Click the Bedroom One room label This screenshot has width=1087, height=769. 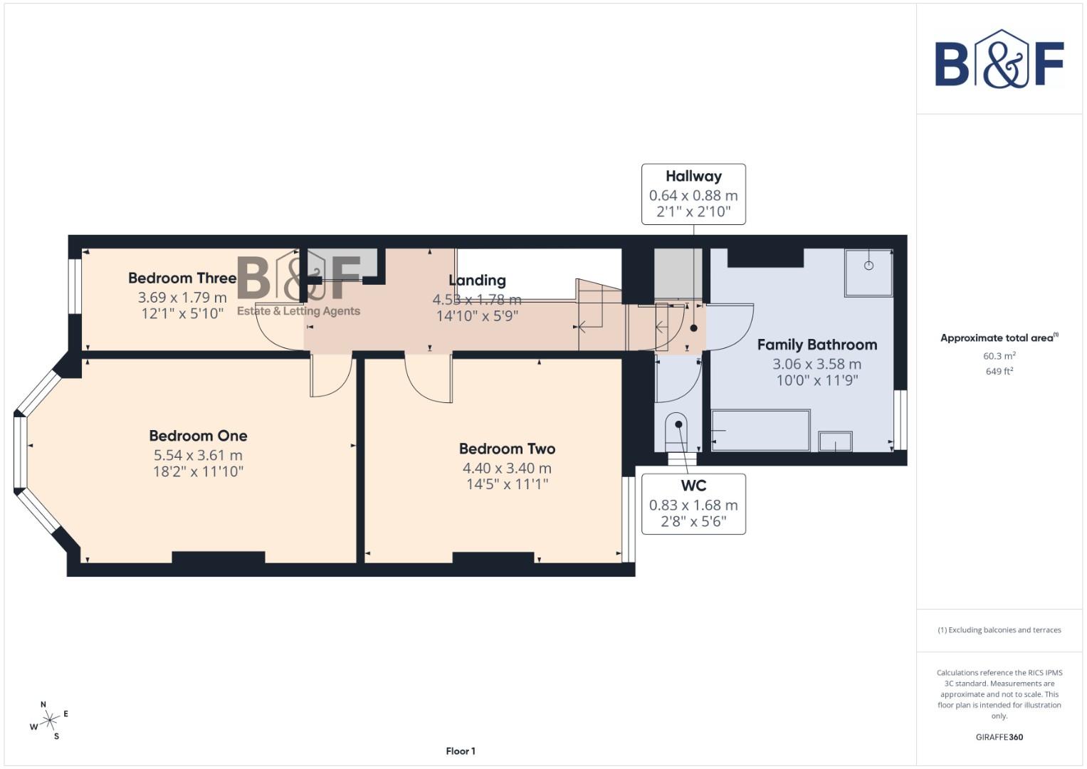[198, 436]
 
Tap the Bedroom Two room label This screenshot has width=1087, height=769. [507, 449]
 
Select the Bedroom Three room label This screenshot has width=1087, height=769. [182, 278]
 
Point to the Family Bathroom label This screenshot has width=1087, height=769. [816, 345]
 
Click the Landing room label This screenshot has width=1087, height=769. [477, 281]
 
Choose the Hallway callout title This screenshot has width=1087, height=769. [693, 176]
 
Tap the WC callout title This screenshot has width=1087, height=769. [693, 486]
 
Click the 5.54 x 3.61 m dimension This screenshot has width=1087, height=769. [198, 455]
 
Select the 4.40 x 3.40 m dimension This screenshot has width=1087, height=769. [507, 468]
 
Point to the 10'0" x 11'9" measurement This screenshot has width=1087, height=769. [816, 380]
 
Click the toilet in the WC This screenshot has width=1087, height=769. [677, 430]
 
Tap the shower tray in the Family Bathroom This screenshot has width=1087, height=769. [868, 272]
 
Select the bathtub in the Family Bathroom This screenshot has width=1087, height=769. [761, 430]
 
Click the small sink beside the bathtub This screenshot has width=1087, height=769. [835, 441]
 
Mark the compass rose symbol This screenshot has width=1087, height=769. [49, 721]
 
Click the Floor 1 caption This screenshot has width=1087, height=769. [461, 751]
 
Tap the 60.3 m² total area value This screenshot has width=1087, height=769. [999, 356]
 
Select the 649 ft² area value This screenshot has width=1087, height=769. [999, 372]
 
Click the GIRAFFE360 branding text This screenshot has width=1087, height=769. [999, 737]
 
